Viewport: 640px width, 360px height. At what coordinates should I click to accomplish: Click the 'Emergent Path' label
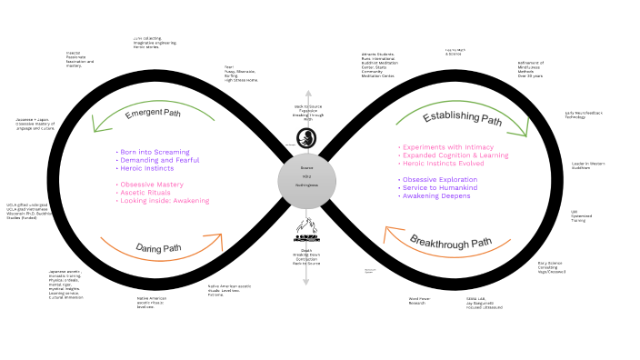click(157, 114)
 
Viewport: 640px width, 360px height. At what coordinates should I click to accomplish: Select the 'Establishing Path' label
click(462, 119)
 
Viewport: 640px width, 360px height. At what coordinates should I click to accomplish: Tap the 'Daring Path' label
click(160, 247)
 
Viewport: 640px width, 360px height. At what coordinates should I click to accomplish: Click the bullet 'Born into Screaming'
click(153, 152)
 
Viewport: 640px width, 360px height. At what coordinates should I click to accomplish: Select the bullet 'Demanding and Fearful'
click(159, 160)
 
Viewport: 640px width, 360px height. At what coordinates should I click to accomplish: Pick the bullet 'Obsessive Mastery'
click(152, 185)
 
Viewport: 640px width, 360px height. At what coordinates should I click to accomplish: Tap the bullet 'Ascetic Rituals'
click(146, 193)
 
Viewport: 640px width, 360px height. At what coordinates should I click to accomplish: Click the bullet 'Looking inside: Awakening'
click(165, 201)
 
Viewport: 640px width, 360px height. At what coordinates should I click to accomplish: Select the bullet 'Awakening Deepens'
click(437, 195)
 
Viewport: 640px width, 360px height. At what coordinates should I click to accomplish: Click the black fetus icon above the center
click(305, 137)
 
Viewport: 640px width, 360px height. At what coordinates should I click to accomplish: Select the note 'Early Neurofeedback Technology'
click(584, 114)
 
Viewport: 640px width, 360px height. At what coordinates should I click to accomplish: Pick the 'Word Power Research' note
click(419, 301)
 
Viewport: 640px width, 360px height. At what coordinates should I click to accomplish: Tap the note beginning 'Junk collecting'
click(155, 41)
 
